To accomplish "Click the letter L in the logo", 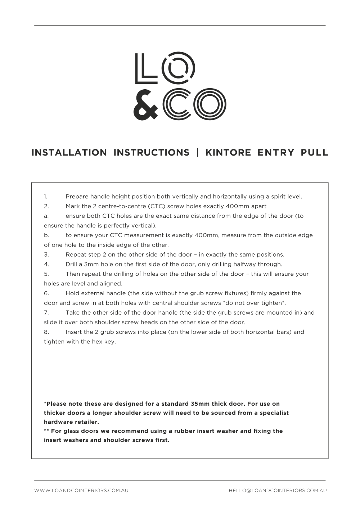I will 145,68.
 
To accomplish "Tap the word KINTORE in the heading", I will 228,153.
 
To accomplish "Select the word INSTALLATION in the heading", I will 69,153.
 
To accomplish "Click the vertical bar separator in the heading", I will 197,153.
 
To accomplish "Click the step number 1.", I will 46,197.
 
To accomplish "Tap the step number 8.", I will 46,332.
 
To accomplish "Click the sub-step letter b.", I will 46,235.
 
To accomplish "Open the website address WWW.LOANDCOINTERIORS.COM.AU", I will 81,490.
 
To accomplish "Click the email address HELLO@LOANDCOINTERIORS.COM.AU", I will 278,490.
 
